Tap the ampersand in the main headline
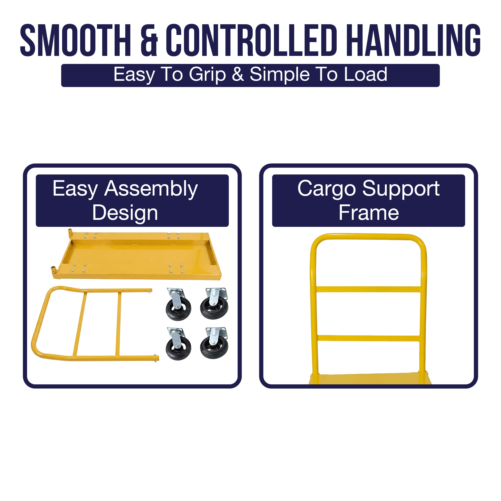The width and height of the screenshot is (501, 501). pos(149,40)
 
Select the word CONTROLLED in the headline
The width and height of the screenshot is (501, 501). pos(252,40)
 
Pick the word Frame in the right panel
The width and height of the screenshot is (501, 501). pos(369,213)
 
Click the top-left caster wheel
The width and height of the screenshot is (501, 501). pos(178,304)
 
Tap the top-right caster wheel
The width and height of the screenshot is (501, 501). pos(214,303)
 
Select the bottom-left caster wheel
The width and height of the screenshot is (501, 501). pos(178,344)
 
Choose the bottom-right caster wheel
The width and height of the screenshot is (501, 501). pos(214,343)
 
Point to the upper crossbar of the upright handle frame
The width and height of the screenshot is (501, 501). pos(368,289)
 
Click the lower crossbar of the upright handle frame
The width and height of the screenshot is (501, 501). pos(368,338)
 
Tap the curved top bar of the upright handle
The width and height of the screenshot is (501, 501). pos(368,237)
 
